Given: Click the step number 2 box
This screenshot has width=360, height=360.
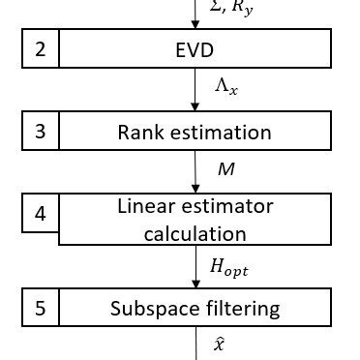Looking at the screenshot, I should point(41,48).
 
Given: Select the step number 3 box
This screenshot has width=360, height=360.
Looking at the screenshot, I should point(41,131).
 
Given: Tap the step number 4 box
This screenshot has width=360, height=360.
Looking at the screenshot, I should point(41,214).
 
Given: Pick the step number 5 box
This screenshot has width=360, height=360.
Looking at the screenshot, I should point(41,310).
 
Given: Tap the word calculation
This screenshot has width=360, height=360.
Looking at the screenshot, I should point(195,233).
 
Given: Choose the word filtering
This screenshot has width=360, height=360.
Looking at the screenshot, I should point(244,310).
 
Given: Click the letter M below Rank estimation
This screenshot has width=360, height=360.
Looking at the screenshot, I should point(225,169).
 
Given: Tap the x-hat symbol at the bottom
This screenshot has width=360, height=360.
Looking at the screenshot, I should point(219,343).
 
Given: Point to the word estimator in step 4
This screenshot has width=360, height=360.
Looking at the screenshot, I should point(232,206).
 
